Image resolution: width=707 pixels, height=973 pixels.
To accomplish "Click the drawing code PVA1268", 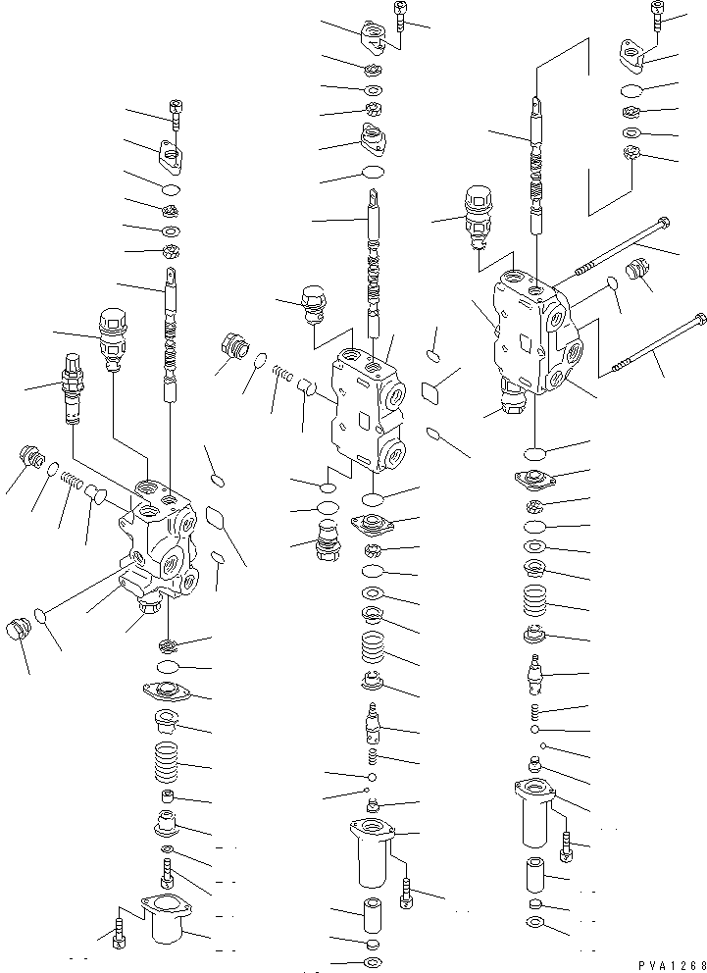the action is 672,965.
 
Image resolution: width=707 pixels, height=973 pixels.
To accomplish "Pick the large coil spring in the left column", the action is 166,763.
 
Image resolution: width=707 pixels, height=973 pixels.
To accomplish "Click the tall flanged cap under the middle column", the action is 372,852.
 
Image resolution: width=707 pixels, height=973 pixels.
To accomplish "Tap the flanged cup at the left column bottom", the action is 165,918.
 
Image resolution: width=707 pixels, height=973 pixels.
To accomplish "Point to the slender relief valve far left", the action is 73,389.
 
